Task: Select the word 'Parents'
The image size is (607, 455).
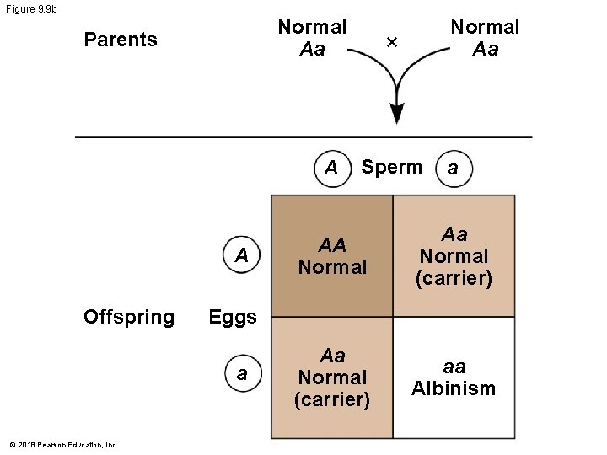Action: pos(121,40)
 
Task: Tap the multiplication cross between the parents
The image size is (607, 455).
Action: pos(390,40)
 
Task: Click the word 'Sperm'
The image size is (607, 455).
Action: pos(391,167)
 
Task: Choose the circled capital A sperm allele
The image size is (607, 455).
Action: pos(330,169)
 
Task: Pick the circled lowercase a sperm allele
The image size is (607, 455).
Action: pos(453,169)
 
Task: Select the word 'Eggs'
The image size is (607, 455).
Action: pos(233,317)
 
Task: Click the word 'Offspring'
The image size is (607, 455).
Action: pos(129,317)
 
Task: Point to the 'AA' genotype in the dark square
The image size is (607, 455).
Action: pos(332,245)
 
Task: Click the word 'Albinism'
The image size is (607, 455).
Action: pos(454,388)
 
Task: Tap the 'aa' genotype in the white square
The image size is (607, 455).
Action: pos(454,367)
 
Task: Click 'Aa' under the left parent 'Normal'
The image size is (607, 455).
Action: pos(312,49)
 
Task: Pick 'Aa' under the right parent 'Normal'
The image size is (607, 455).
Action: pos(485,49)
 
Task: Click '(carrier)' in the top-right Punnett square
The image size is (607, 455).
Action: pos(454,278)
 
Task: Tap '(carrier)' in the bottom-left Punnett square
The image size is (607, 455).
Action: pos(332,399)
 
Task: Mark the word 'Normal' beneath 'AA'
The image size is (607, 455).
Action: pos(332,267)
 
